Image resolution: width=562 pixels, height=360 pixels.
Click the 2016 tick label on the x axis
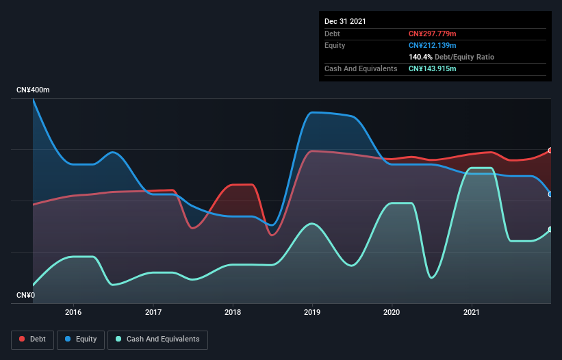(73, 312)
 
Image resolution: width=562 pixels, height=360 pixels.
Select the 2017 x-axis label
(153, 312)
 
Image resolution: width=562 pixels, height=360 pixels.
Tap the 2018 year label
(233, 312)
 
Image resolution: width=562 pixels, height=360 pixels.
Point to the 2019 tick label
(312, 312)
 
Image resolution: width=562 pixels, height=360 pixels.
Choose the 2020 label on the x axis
(392, 312)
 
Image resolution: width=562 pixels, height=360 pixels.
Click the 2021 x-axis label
(472, 312)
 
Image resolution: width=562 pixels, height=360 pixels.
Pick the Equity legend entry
(81, 339)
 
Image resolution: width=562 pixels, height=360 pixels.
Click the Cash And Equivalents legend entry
(157, 339)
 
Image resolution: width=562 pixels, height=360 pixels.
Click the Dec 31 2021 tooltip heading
(345, 21)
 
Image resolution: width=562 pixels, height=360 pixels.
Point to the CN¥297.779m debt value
(433, 34)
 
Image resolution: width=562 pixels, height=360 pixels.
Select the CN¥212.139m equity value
(433, 45)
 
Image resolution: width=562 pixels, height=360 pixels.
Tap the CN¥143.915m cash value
(433, 68)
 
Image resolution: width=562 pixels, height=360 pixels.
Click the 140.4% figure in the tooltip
(420, 57)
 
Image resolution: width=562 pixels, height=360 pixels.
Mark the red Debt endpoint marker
(550, 151)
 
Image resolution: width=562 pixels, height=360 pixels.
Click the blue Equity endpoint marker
(550, 194)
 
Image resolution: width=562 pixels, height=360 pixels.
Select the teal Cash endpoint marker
(550, 230)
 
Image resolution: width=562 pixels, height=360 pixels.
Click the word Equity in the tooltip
(335, 45)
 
